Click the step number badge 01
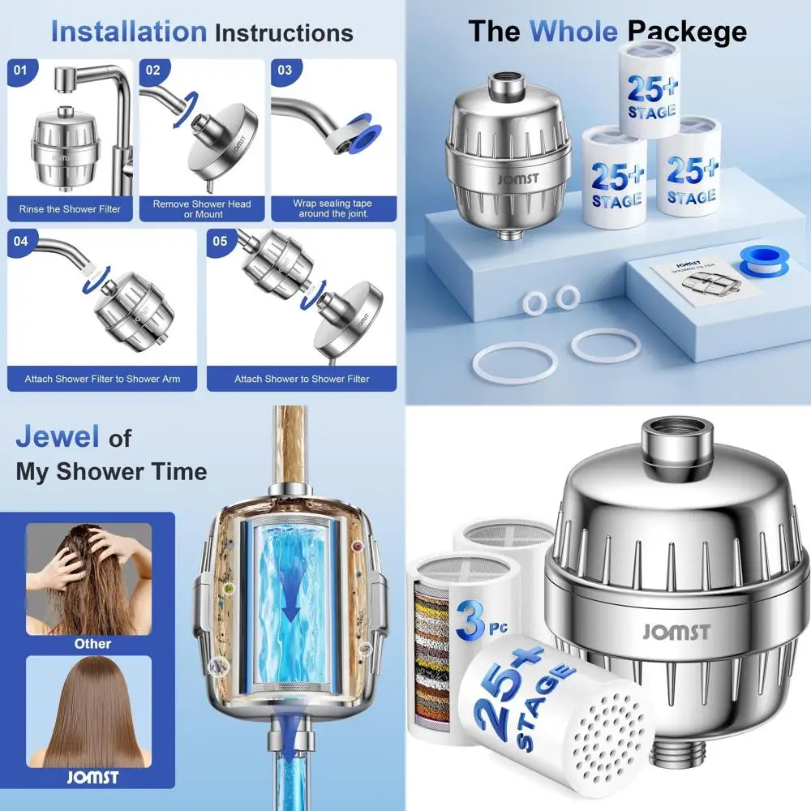pos(20,71)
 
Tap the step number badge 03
pos(285,71)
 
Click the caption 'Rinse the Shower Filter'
pos(70,209)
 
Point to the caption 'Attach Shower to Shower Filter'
pos(302,379)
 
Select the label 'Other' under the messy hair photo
pos(92,643)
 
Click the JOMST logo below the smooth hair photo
pos(92,778)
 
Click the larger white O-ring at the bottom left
pos(512,362)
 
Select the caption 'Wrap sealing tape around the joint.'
pos(333,209)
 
